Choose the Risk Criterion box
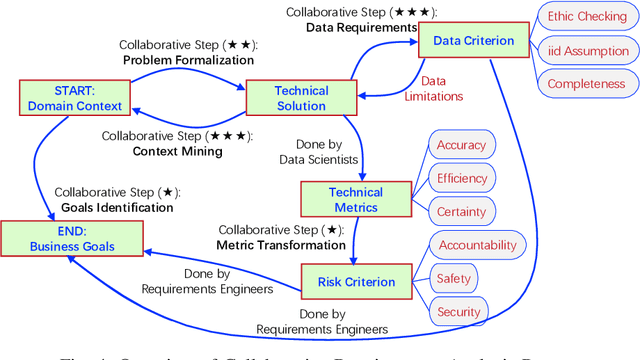pyautogui.click(x=356, y=281)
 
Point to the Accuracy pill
pyautogui.click(x=462, y=145)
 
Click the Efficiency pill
pyautogui.click(x=462, y=178)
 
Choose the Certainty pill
pyautogui.click(x=462, y=211)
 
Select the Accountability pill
pyautogui.click(x=477, y=245)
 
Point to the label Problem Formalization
pyautogui.click(x=189, y=61)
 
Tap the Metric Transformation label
pyautogui.click(x=283, y=245)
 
